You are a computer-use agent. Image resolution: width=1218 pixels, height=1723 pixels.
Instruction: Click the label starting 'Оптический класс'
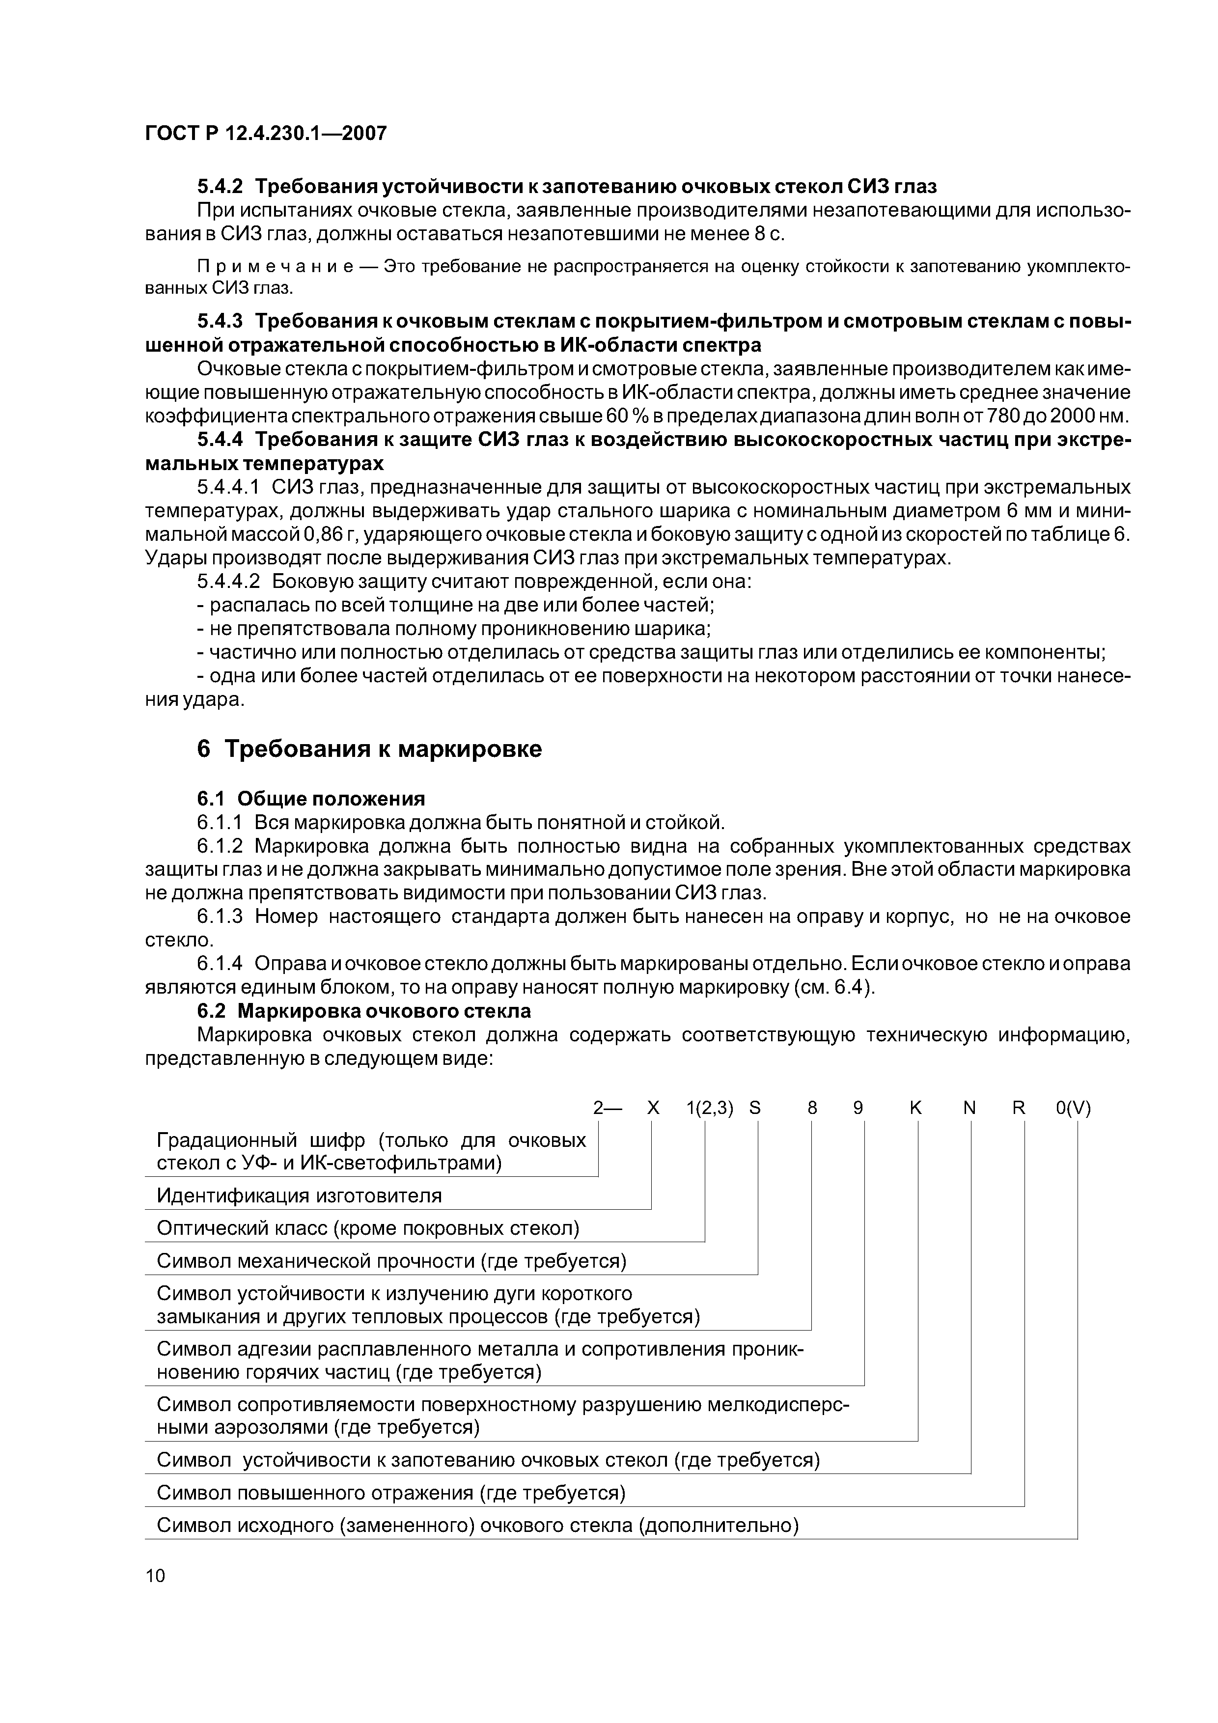[368, 1228]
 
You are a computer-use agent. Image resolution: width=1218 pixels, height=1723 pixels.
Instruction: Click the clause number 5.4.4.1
[228, 488]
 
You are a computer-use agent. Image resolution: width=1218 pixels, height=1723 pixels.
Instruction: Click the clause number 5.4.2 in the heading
[220, 185]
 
